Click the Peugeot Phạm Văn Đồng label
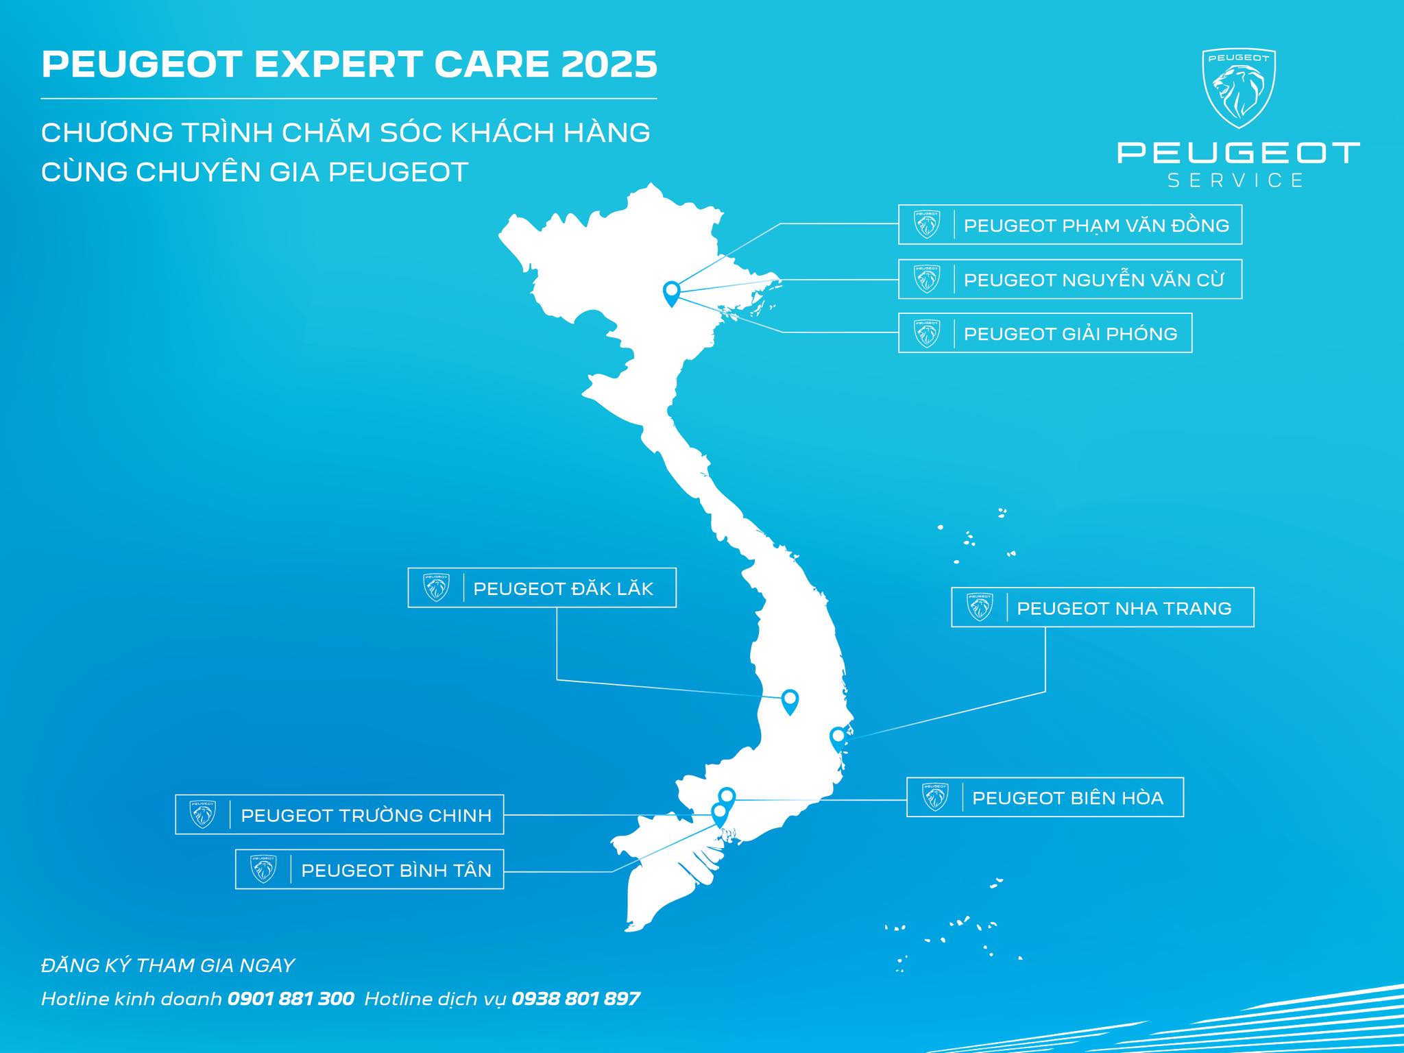(1070, 224)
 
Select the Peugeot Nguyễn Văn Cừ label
(1070, 279)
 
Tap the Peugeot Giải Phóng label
(1045, 333)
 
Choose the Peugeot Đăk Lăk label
(542, 588)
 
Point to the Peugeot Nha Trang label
(1102, 607)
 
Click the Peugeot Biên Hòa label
(1045, 797)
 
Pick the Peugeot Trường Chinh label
(339, 814)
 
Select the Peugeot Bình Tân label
(370, 869)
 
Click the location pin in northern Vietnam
(671, 294)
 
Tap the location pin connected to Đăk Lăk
(790, 702)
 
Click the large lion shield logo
(1239, 88)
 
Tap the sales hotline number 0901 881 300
(291, 998)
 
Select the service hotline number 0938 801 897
(576, 998)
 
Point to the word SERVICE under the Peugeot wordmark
(1235, 180)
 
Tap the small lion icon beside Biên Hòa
(935, 797)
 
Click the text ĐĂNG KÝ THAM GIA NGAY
(168, 965)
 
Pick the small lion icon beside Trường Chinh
(203, 814)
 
